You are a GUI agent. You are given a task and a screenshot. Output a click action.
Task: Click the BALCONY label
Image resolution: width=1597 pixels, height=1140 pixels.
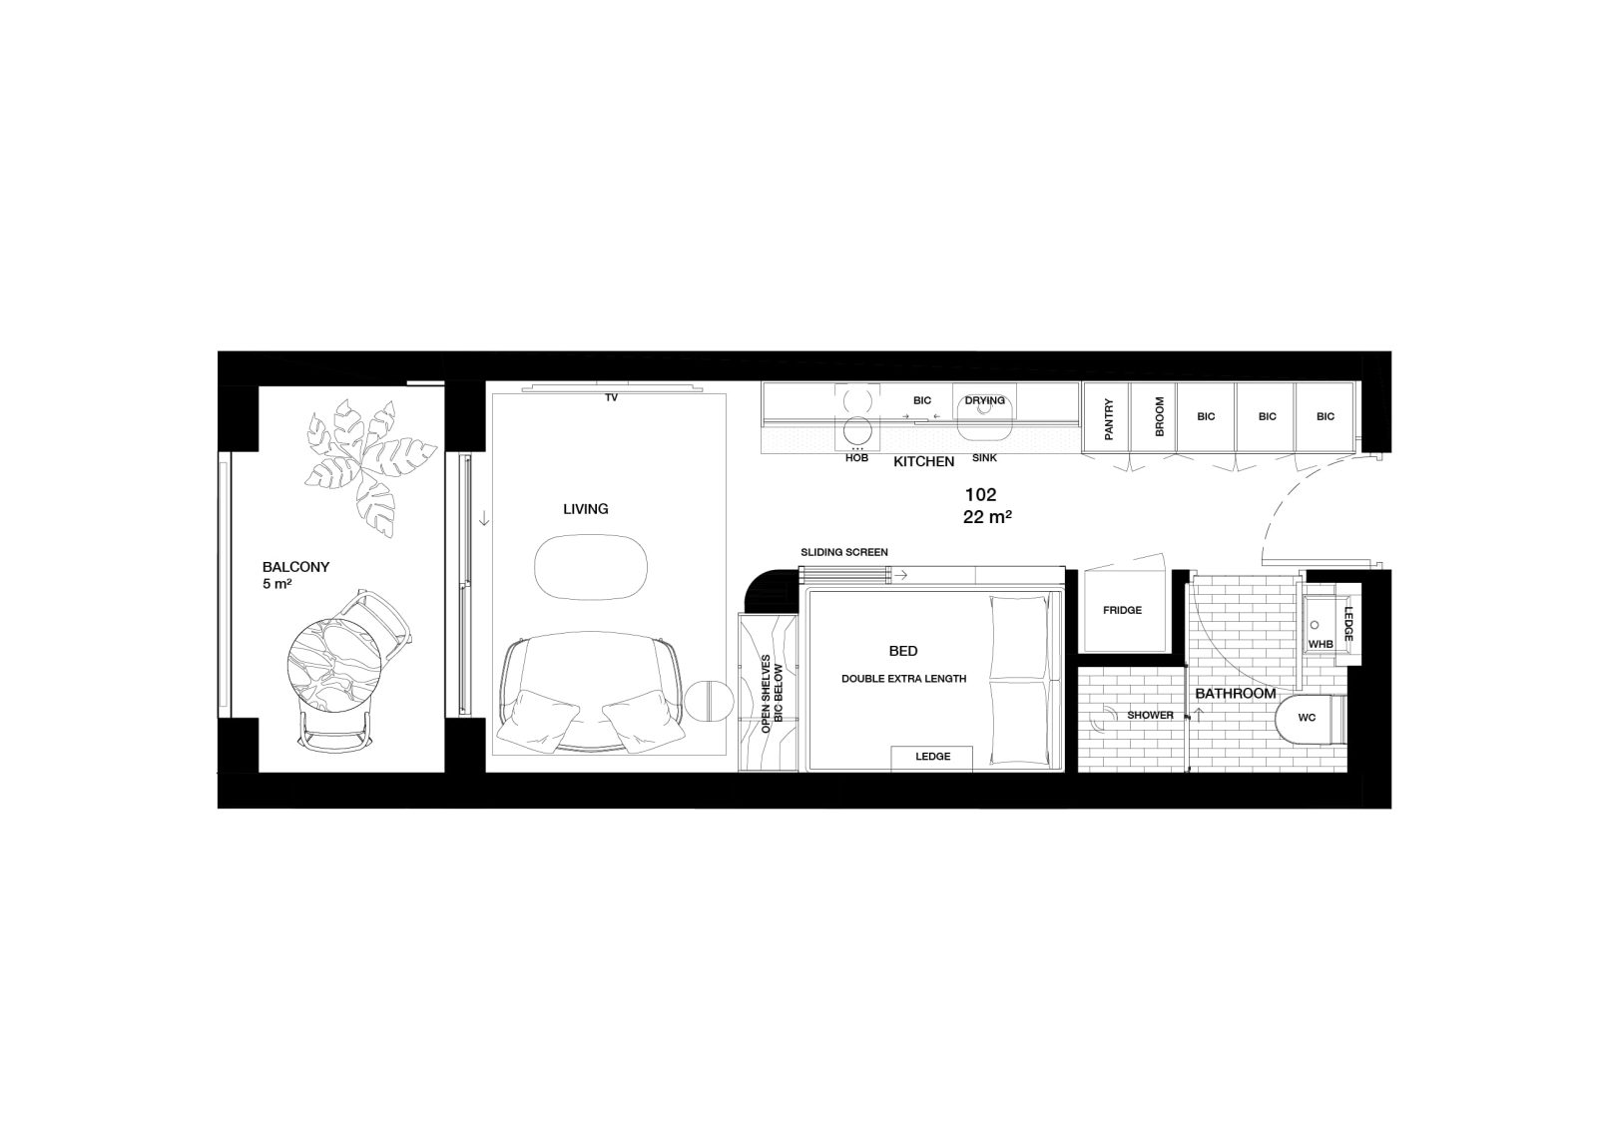(295, 567)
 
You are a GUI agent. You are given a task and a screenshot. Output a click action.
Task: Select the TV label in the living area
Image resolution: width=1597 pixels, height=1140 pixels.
(611, 398)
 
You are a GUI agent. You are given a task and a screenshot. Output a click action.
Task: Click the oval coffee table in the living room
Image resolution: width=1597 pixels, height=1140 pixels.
(591, 567)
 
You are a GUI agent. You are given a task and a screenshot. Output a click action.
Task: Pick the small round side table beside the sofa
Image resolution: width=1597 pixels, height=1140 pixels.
(710, 702)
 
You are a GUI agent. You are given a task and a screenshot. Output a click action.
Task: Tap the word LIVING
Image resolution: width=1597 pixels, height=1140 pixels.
(585, 509)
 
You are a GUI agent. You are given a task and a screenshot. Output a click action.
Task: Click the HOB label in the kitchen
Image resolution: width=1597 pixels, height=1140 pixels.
(857, 458)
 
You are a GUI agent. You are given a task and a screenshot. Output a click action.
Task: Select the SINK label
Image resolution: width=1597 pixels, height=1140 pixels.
(984, 458)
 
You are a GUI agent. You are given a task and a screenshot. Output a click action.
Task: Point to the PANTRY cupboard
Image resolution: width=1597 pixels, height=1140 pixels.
(1107, 417)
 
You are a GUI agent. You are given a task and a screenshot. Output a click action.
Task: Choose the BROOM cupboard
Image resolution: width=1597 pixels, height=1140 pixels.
(1154, 417)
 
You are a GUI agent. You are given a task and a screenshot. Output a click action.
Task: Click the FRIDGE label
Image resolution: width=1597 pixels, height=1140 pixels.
(1122, 610)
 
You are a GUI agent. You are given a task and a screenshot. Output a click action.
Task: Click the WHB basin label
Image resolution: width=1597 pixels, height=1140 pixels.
(1321, 644)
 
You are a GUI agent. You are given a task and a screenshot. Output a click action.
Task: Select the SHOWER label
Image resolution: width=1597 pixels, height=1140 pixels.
(1150, 715)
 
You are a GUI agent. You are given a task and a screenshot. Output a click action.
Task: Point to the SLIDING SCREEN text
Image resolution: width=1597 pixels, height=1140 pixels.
(844, 552)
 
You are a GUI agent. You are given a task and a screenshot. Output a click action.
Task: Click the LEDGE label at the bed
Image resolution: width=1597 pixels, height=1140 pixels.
(932, 757)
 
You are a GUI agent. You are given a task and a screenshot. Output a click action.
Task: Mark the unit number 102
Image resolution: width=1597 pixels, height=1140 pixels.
(980, 495)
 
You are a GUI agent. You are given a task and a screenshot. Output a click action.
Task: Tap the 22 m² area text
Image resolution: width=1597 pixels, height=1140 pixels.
(987, 518)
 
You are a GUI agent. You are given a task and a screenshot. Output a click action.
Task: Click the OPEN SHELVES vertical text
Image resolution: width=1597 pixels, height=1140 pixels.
(767, 695)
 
